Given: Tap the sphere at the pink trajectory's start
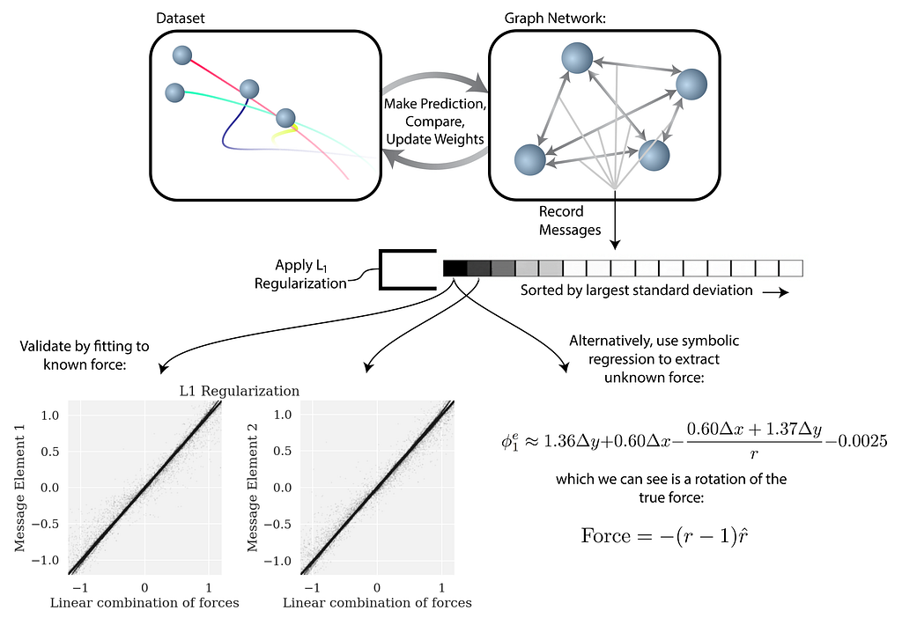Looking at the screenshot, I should [x=182, y=55].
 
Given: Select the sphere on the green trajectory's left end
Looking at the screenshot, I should [x=174, y=92].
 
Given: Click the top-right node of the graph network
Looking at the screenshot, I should [x=691, y=85].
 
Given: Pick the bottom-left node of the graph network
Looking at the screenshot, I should [x=529, y=159].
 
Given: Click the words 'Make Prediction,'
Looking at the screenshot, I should [x=435, y=104].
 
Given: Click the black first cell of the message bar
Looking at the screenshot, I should [x=455, y=268].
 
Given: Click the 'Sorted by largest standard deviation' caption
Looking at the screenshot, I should [x=635, y=290].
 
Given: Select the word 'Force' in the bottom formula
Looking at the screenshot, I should [x=608, y=535].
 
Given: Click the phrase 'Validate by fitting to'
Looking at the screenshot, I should [x=83, y=346].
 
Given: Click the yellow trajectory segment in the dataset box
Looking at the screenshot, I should [x=284, y=134].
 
